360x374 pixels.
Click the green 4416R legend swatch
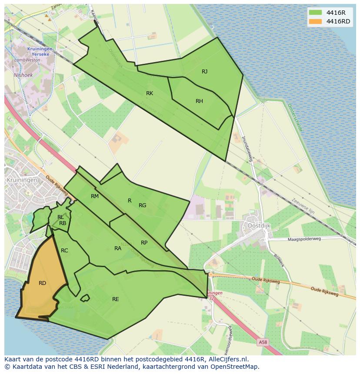click(315, 13)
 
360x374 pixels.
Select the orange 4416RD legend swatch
click(315, 21)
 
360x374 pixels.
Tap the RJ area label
click(204, 72)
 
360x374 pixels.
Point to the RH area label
click(199, 101)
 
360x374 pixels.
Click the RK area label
click(150, 93)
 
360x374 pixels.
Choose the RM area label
click(95, 196)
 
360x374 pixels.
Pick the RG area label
click(142, 205)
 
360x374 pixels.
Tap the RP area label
click(144, 243)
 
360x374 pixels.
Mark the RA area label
click(118, 248)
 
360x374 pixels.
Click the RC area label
click(64, 251)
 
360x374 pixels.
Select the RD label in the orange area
click(42, 283)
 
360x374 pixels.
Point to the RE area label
click(115, 299)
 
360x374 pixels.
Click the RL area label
click(60, 217)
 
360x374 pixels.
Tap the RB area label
click(63, 223)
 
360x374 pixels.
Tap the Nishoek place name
click(23, 75)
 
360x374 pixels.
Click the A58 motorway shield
click(263, 342)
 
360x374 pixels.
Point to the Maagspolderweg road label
click(304, 239)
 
